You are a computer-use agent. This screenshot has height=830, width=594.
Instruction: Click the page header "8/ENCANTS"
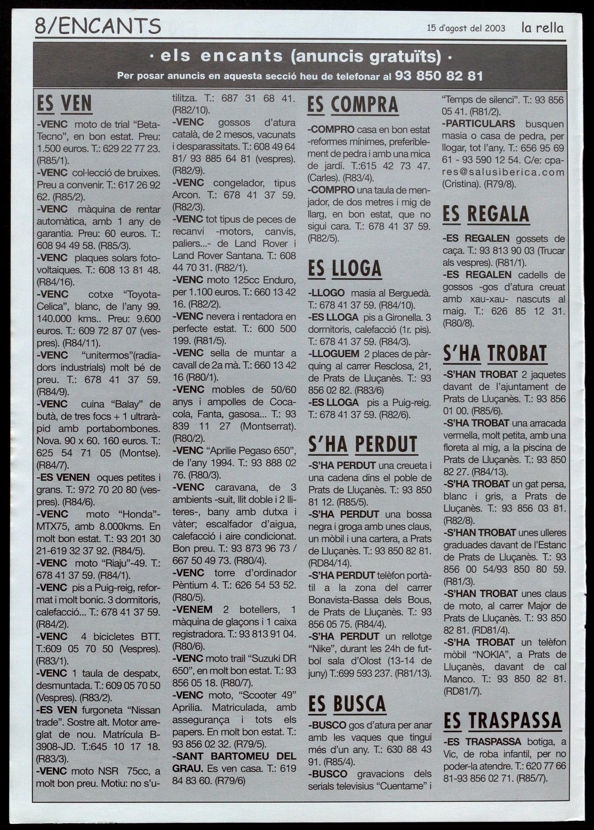(x=98, y=26)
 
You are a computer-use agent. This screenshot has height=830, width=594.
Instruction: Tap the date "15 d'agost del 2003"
(x=466, y=28)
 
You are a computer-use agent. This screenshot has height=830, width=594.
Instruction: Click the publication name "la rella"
(x=543, y=28)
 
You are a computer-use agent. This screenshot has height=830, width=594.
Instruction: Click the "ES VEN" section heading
(x=64, y=104)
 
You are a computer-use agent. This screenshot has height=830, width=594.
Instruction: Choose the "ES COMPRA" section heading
(x=353, y=105)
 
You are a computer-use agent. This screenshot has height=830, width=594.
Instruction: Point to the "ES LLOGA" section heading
(x=345, y=269)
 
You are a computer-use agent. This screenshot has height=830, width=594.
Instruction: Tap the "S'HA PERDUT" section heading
(x=363, y=445)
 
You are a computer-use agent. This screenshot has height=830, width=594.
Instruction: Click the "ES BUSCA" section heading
(x=347, y=704)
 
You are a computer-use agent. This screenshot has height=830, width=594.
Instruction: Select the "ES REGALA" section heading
(x=486, y=214)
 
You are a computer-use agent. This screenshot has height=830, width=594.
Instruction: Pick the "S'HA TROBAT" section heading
(x=495, y=354)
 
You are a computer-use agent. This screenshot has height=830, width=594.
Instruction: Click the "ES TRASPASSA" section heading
(x=502, y=720)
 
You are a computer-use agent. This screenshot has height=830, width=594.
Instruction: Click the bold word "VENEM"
(x=193, y=609)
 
